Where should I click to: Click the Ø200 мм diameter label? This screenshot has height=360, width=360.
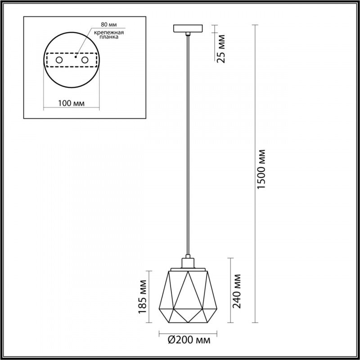[189, 340]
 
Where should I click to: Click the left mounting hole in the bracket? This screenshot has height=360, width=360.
[59, 60]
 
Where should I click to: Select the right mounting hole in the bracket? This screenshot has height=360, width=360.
[84, 60]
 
